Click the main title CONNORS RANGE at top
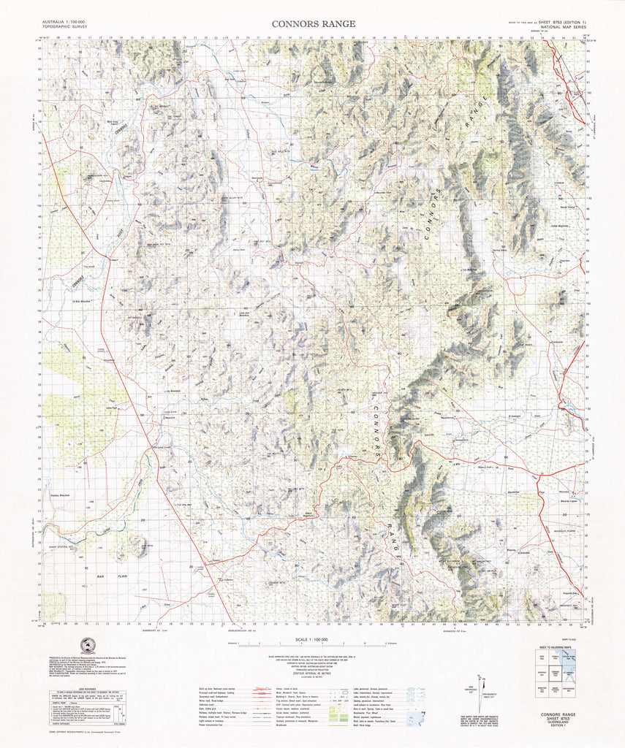314,23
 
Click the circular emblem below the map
88,646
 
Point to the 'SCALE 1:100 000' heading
314,640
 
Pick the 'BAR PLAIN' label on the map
119,577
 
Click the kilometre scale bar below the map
314,647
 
